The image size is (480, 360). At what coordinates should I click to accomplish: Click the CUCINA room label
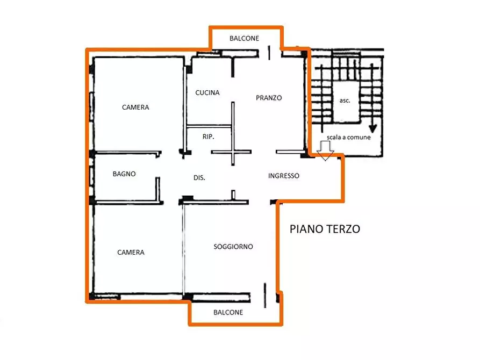[207, 92]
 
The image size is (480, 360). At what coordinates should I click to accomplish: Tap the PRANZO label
[269, 98]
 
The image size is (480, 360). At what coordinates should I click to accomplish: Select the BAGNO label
[124, 174]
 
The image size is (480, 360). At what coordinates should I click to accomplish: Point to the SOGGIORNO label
[233, 247]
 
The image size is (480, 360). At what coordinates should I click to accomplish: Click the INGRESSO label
[284, 176]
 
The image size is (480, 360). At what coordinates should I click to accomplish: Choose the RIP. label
[209, 137]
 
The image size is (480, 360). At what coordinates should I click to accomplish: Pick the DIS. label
[200, 178]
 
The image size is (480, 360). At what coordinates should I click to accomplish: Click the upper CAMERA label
[135, 107]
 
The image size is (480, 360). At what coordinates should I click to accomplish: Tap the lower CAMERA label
[131, 253]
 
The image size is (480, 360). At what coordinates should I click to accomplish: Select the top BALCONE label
[244, 38]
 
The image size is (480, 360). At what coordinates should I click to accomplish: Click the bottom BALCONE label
[228, 312]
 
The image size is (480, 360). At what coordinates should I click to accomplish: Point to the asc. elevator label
[345, 100]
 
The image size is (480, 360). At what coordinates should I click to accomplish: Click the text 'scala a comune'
[352, 137]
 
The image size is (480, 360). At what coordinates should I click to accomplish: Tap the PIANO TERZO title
[325, 229]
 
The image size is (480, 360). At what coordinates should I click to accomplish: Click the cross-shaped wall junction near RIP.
[232, 152]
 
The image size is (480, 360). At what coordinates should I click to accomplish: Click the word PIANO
[306, 229]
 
